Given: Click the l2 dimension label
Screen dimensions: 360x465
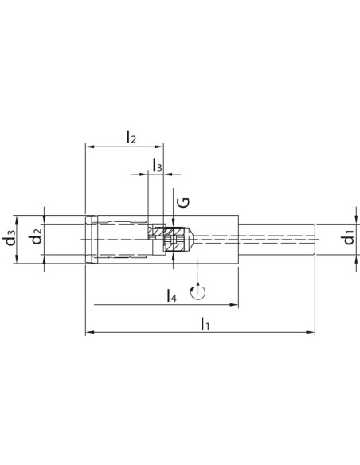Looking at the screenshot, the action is point(131,137).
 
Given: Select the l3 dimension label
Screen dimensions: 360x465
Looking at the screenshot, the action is point(158,165).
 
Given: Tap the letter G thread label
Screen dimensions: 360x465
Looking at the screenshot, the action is point(183,202).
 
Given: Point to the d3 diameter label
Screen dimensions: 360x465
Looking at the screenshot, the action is point(10,237).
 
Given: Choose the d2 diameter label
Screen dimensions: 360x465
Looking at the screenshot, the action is point(37,236).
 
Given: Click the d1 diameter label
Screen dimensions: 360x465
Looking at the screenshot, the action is point(349,236).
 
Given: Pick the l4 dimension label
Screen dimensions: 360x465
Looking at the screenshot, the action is point(172,295).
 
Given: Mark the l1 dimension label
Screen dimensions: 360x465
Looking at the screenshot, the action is point(205,323).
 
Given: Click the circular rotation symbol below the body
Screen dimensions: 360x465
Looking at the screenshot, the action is point(198,291).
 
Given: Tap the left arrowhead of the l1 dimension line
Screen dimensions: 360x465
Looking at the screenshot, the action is point(88,332).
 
